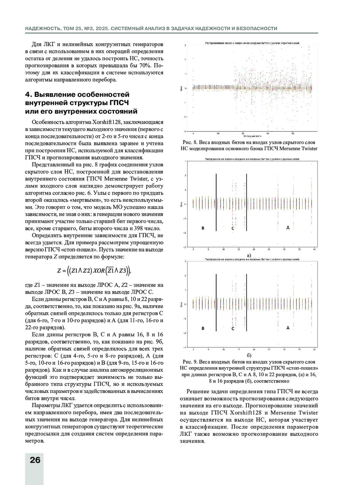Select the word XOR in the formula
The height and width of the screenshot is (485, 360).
[98, 271]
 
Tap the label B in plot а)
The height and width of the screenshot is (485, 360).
[203, 228]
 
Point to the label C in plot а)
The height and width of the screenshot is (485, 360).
[232, 228]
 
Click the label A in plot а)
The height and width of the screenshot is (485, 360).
[288, 228]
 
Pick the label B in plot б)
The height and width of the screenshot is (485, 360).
[203, 328]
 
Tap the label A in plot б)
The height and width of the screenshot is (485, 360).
[288, 328]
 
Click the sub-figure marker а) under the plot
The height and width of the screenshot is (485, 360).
[248, 255]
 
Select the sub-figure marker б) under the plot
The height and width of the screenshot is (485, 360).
[249, 356]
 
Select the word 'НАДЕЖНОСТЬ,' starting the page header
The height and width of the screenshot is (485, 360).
[43, 28]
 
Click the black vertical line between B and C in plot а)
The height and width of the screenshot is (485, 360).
[216, 202]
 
